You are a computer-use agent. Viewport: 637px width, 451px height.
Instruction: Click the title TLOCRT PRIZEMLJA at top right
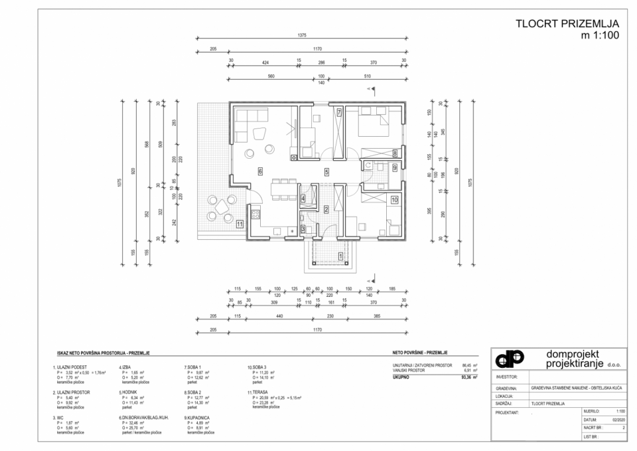(x=567, y=24)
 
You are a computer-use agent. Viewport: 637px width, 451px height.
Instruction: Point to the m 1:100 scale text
(x=600, y=36)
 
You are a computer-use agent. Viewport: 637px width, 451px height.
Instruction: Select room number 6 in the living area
(x=261, y=171)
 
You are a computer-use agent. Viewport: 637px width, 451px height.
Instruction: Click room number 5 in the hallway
(x=326, y=171)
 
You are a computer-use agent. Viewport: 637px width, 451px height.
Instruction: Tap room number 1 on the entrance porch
(x=340, y=256)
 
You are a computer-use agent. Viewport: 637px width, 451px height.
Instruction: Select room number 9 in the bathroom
(x=394, y=168)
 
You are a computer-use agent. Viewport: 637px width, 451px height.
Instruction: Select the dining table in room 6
(x=283, y=188)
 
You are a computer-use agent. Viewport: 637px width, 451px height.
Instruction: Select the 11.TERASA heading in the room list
(x=258, y=392)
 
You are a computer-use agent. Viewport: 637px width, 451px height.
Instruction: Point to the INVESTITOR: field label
(x=506, y=377)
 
